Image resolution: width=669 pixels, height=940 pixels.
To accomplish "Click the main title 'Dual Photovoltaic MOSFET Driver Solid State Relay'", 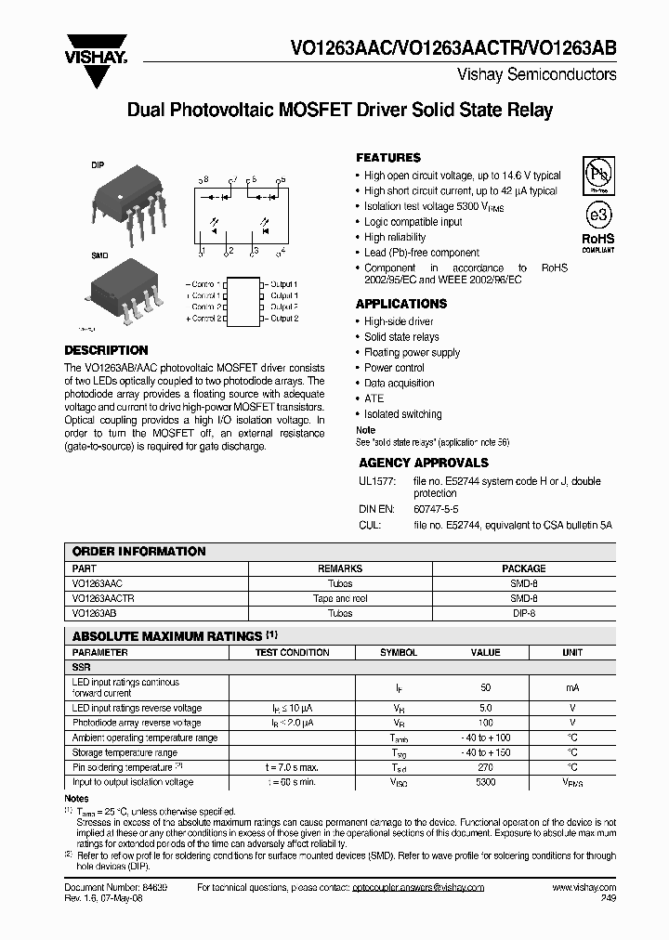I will pos(339,111).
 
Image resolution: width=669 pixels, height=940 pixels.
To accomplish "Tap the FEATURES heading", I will pos(387,158).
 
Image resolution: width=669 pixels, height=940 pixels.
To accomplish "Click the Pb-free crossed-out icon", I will pos(597,175).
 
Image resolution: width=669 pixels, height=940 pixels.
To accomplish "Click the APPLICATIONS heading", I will pos(400,304).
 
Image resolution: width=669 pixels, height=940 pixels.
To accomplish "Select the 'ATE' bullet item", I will pos(374,398).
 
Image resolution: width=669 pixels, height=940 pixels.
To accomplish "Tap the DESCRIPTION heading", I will pos(105,350).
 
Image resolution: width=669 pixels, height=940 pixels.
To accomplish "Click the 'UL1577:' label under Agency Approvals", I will pos(377,481).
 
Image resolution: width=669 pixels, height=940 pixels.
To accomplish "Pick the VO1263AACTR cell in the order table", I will pos(102,599).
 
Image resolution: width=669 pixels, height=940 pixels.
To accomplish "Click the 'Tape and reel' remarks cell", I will pos(340,599).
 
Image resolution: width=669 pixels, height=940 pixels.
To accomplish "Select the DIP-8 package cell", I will pos(523,614).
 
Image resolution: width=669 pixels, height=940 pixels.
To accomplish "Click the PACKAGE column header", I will pos(523,568).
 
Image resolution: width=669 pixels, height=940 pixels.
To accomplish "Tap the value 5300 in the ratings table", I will pos(485,782).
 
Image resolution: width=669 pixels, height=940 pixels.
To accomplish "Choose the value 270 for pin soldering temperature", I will pos(485,767).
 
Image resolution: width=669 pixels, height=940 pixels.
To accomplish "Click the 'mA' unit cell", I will pos(571,687).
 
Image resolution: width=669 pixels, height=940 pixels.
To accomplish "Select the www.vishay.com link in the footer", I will pos(584,888).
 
